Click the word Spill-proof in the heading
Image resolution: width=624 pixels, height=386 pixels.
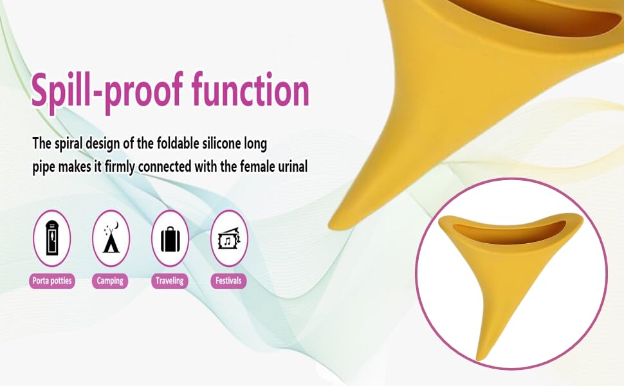coord(106,91)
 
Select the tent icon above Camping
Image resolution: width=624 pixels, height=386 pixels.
coord(111,238)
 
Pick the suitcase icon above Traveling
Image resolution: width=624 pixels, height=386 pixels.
coord(170,238)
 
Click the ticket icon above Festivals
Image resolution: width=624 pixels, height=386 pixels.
coord(229,239)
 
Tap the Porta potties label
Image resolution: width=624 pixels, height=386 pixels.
coord(53,281)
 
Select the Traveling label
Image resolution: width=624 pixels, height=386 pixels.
coord(170,281)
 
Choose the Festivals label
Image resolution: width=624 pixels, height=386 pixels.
coord(228,281)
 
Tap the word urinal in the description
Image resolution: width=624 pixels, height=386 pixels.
coord(291,167)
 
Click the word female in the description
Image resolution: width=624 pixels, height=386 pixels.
coord(253,167)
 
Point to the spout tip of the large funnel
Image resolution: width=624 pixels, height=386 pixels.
coord(338,223)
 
